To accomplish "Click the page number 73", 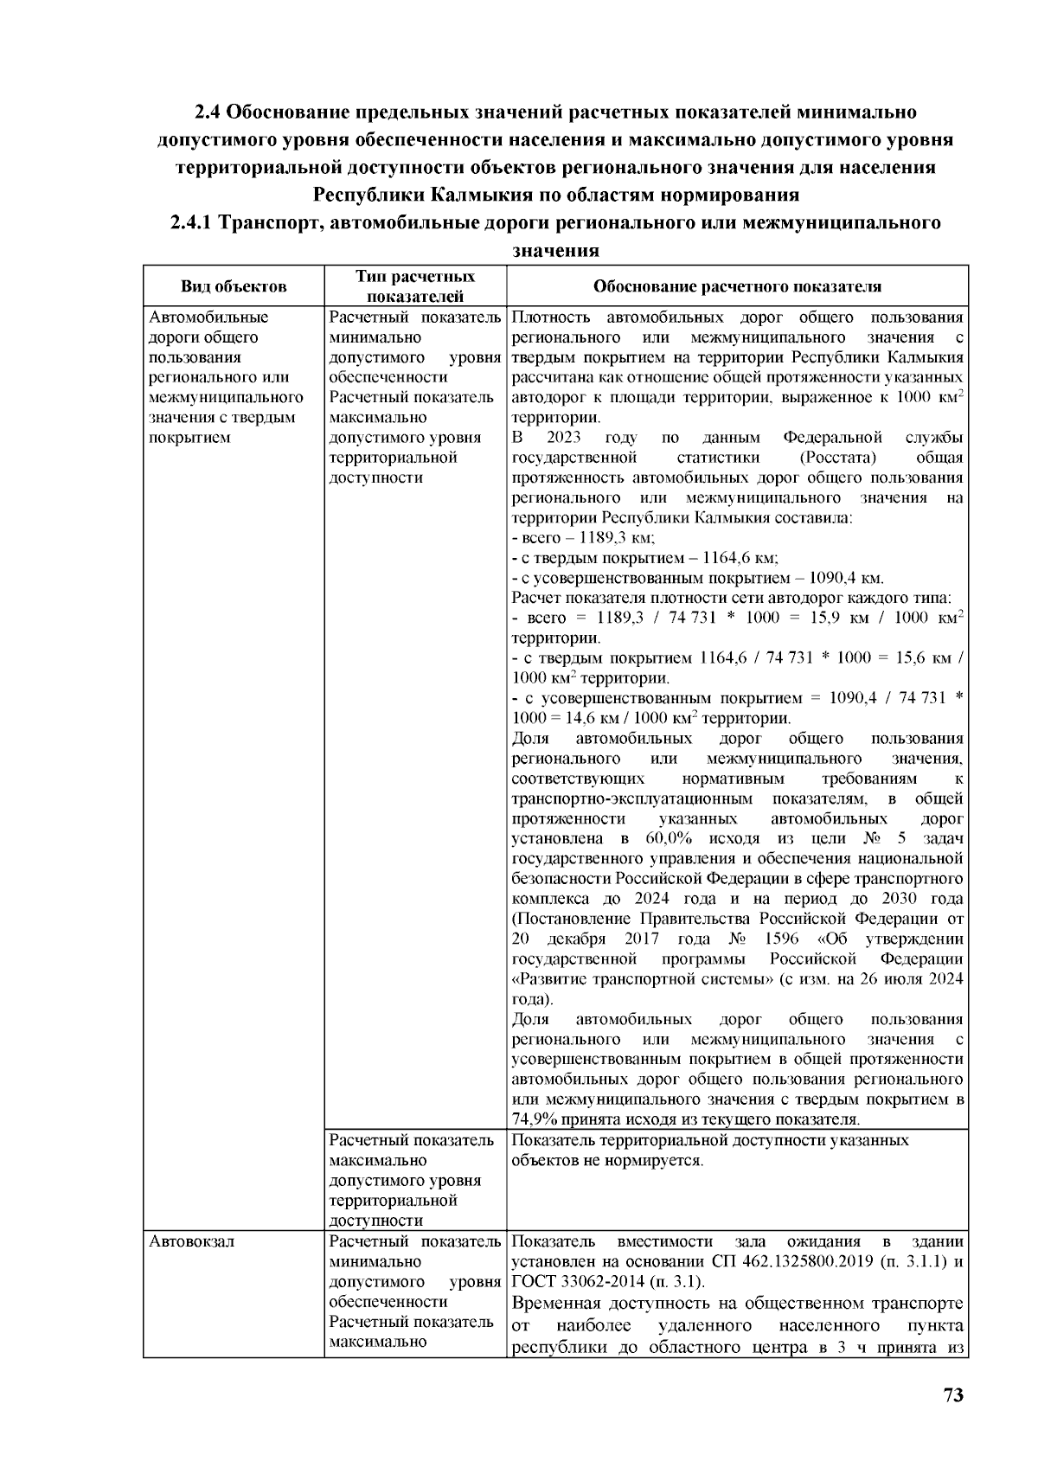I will click(952, 1395).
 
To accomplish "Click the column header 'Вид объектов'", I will click(234, 286).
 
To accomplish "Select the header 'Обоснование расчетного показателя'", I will click(737, 286).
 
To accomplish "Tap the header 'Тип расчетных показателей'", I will click(415, 286).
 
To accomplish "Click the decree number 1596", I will click(779, 939).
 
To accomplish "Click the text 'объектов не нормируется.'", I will click(608, 1160).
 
